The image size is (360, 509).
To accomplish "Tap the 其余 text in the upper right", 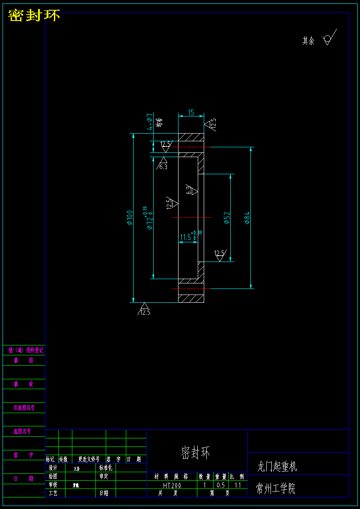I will (x=308, y=41).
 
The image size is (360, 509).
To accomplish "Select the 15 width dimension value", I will (x=191, y=113).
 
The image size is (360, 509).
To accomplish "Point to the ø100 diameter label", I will (x=129, y=217).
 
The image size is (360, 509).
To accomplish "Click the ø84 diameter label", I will (x=247, y=217).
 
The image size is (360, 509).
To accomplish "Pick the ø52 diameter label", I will (x=227, y=217).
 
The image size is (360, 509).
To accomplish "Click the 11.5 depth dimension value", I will (x=186, y=237).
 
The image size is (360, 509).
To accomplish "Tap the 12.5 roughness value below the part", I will (x=145, y=312).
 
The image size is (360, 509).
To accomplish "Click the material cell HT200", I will (x=172, y=485).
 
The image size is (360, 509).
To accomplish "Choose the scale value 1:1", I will (x=238, y=485).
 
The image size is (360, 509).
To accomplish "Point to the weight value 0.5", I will (x=220, y=485).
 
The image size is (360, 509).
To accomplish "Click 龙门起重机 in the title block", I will (x=277, y=466).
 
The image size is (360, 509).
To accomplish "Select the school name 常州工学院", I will (x=276, y=488).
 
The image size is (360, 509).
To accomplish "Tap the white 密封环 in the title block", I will (x=196, y=452).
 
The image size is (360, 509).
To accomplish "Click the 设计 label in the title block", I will (x=53, y=468).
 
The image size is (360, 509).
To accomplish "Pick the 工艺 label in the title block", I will (x=53, y=493).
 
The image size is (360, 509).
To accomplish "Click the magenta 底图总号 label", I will (x=22, y=432).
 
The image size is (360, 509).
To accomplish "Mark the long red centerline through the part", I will (x=191, y=218).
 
